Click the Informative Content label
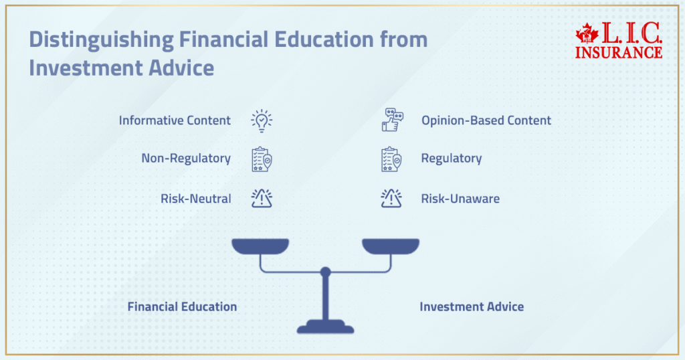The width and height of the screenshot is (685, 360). [175, 120]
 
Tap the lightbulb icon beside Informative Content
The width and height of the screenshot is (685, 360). [262, 120]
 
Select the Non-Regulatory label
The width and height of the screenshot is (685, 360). [186, 159]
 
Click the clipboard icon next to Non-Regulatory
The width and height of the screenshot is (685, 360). [262, 159]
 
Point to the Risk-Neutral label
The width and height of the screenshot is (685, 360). [195, 199]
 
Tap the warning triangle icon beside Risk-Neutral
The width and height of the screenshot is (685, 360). [262, 198]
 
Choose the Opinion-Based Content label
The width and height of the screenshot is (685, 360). [486, 120]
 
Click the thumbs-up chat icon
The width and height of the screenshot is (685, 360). [392, 120]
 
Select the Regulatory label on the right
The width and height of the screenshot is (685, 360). [452, 159]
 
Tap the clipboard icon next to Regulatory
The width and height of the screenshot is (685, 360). [392, 159]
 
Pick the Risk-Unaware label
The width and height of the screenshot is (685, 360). [460, 199]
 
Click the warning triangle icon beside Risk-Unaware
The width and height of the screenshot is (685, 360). [391, 198]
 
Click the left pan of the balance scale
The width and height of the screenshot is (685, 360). [260, 246]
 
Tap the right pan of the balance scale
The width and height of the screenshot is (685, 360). [391, 246]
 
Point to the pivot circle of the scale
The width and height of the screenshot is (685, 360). [326, 272]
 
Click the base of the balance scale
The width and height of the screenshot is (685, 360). [326, 327]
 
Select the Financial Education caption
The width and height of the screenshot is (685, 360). [182, 307]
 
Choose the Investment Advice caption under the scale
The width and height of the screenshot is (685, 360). [472, 307]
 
